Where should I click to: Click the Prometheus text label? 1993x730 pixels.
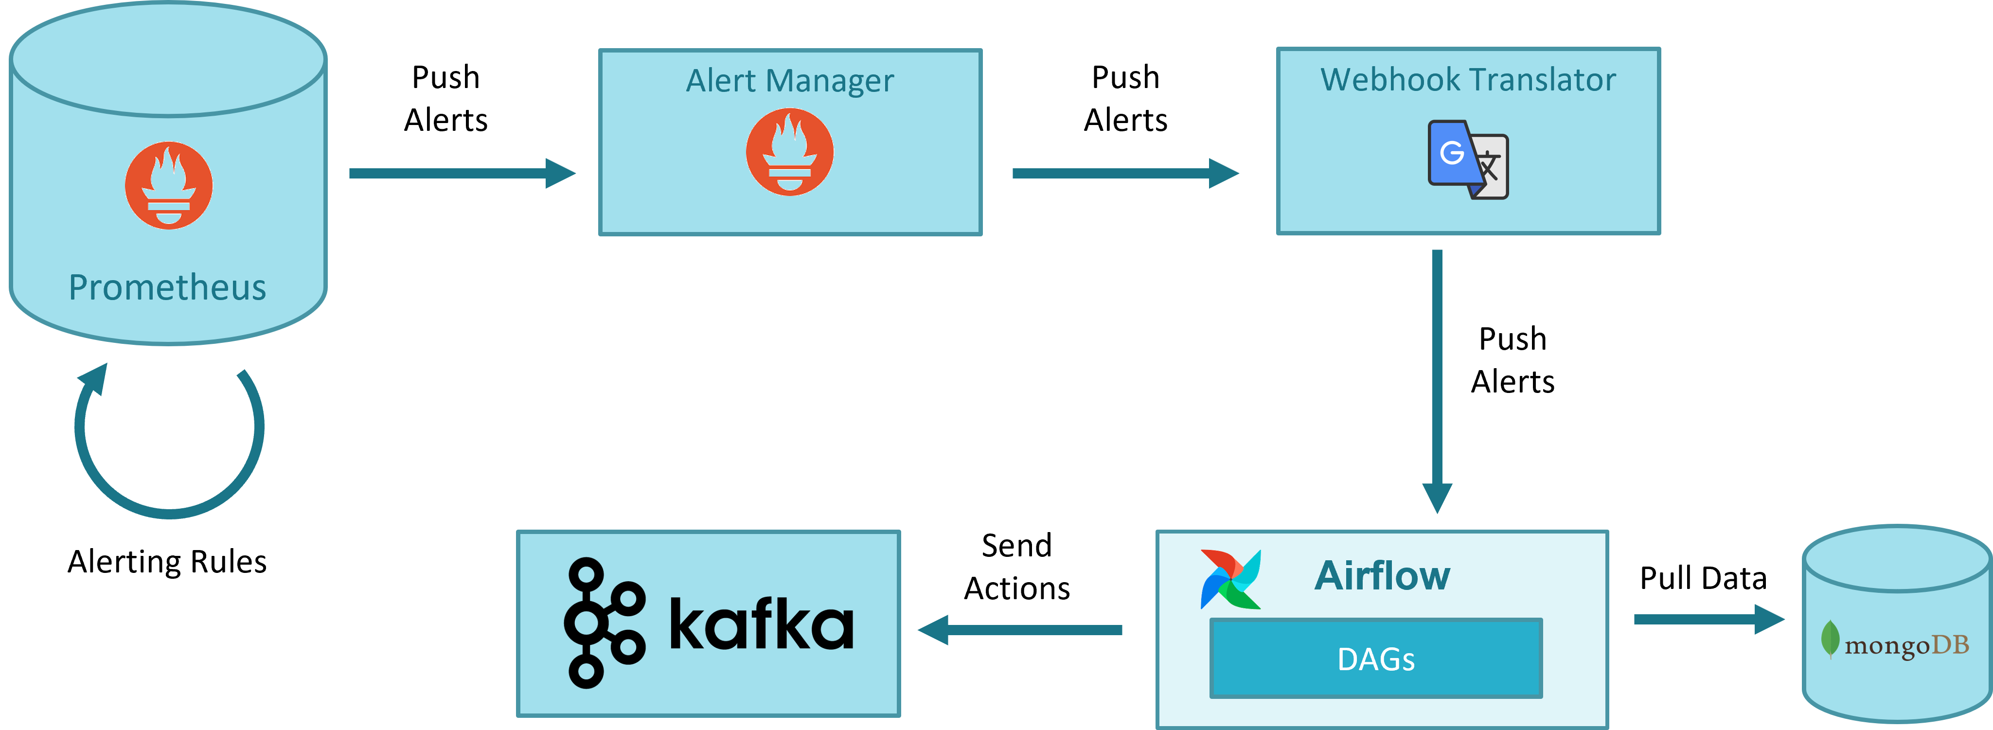pyautogui.click(x=167, y=287)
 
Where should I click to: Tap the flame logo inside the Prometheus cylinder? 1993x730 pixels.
pyautogui.click(x=169, y=186)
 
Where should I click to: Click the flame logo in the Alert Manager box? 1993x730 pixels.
pyautogui.click(x=790, y=152)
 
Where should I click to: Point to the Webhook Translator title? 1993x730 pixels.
pyautogui.click(x=1468, y=80)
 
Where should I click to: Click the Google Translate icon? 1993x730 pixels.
pyautogui.click(x=1468, y=160)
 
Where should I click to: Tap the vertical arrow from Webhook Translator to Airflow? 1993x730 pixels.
pyautogui.click(x=1437, y=379)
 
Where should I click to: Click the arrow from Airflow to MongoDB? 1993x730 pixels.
pyautogui.click(x=1708, y=619)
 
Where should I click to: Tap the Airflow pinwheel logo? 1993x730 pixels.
pyautogui.click(x=1230, y=579)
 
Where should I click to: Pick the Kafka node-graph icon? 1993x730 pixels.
pyautogui.click(x=604, y=623)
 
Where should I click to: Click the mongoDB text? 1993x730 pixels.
pyautogui.click(x=1906, y=645)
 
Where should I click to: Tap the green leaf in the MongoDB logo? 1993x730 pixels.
pyautogui.click(x=1830, y=639)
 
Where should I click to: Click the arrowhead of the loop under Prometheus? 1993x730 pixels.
pyautogui.click(x=94, y=380)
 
